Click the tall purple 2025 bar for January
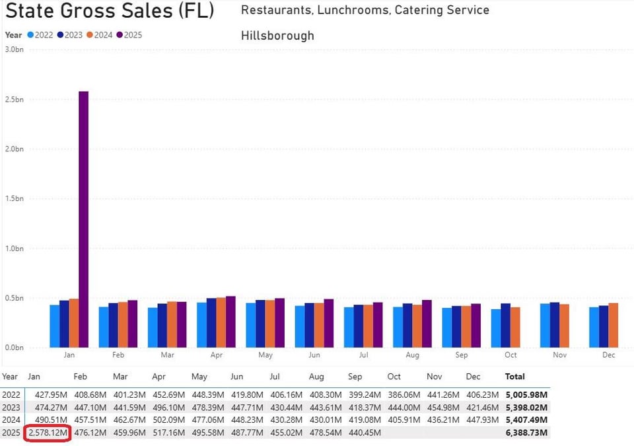[83, 218]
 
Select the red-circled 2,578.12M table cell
[48, 433]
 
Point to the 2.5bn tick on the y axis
[15, 99]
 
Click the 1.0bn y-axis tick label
[15, 248]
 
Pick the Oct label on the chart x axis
[511, 355]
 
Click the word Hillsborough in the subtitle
[277, 36]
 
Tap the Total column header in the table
[515, 377]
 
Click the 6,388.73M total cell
[526, 433]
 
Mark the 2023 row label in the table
[11, 408]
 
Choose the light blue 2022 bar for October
[495, 328]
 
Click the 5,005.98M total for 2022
[526, 395]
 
